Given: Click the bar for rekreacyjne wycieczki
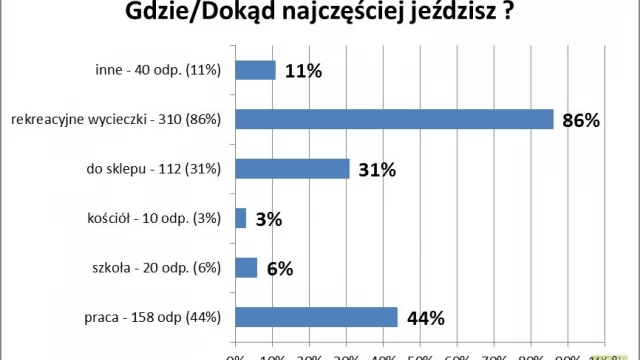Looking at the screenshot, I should (x=394, y=119).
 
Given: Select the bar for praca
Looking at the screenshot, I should (x=316, y=317).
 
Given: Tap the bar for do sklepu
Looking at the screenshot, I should (x=292, y=169).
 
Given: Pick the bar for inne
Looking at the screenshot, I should (x=255, y=70).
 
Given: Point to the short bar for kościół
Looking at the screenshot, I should (x=240, y=218).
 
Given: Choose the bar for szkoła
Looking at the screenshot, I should (x=246, y=268).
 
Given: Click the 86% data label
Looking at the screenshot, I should (x=580, y=121).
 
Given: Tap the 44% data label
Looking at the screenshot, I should (x=425, y=319).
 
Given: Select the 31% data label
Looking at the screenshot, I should (x=376, y=170).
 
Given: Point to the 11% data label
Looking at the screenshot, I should (x=302, y=71).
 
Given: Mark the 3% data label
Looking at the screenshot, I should (x=268, y=220).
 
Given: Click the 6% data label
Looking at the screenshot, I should (x=279, y=269).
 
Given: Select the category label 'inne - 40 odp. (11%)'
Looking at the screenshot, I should (x=153, y=71).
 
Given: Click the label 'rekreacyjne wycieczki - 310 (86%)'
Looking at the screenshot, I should (x=116, y=120).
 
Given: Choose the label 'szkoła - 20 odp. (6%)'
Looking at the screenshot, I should (x=151, y=269).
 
